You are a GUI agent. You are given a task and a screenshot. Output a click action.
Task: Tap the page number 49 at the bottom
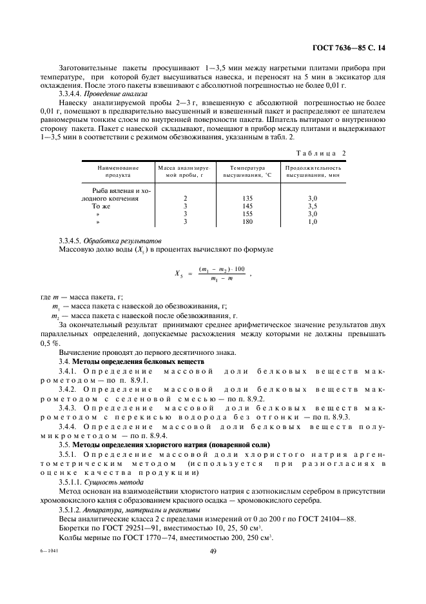(213, 550)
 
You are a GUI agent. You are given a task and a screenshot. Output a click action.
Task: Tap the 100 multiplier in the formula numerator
(222, 268)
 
